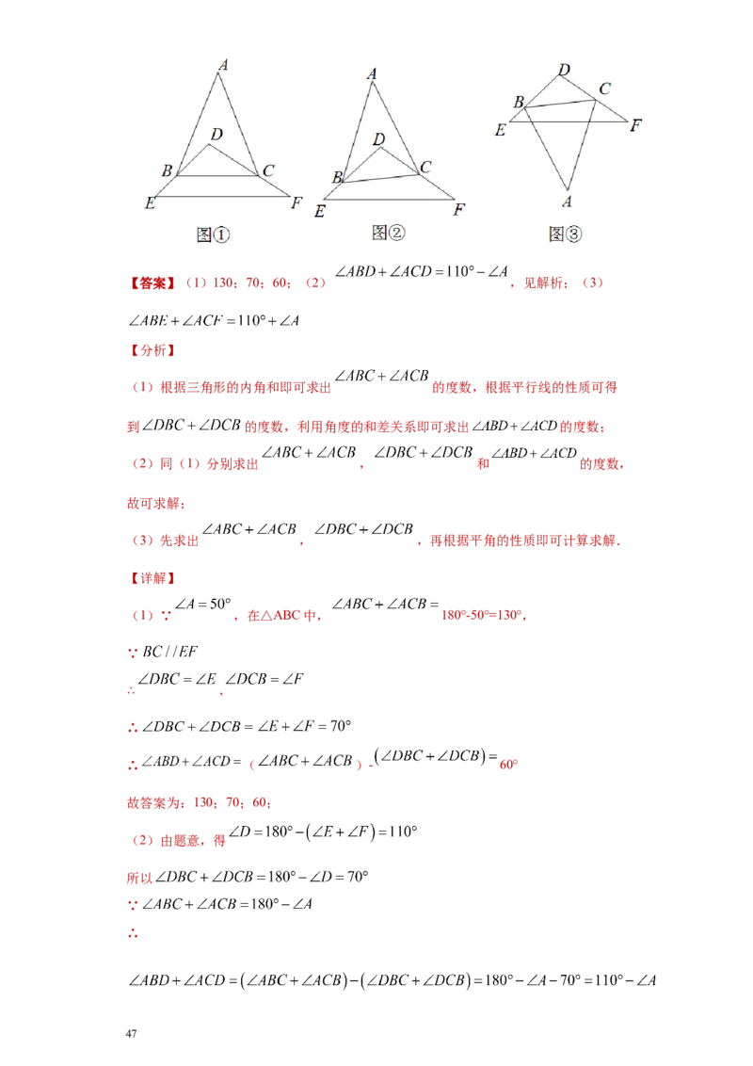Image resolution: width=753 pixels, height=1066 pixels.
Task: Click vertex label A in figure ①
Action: click(x=223, y=65)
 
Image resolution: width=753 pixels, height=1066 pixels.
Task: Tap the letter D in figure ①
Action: click(x=216, y=135)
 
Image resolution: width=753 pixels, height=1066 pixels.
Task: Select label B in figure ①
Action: click(x=167, y=170)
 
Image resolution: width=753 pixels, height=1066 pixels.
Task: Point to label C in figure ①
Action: click(x=268, y=170)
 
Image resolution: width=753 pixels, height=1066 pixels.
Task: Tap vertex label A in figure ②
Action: click(x=373, y=73)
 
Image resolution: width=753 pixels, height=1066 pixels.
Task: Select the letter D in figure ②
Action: click(x=378, y=139)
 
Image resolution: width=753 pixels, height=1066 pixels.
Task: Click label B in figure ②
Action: click(x=336, y=177)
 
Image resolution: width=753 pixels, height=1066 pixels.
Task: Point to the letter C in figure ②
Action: click(x=425, y=167)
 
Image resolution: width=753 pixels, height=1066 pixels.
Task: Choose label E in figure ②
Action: click(x=320, y=212)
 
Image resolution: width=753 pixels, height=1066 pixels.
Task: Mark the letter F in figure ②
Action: click(x=458, y=210)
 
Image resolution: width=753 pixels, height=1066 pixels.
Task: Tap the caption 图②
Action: click(x=388, y=232)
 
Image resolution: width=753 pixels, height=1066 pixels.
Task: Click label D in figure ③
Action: click(x=564, y=70)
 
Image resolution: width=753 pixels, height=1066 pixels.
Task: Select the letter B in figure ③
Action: click(x=518, y=102)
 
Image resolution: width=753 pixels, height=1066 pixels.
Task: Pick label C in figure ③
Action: click(x=604, y=89)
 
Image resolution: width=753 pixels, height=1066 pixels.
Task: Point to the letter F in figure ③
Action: click(x=636, y=123)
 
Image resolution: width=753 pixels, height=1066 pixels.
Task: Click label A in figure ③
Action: click(x=567, y=201)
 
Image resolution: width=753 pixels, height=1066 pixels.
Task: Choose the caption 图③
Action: click(x=565, y=234)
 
